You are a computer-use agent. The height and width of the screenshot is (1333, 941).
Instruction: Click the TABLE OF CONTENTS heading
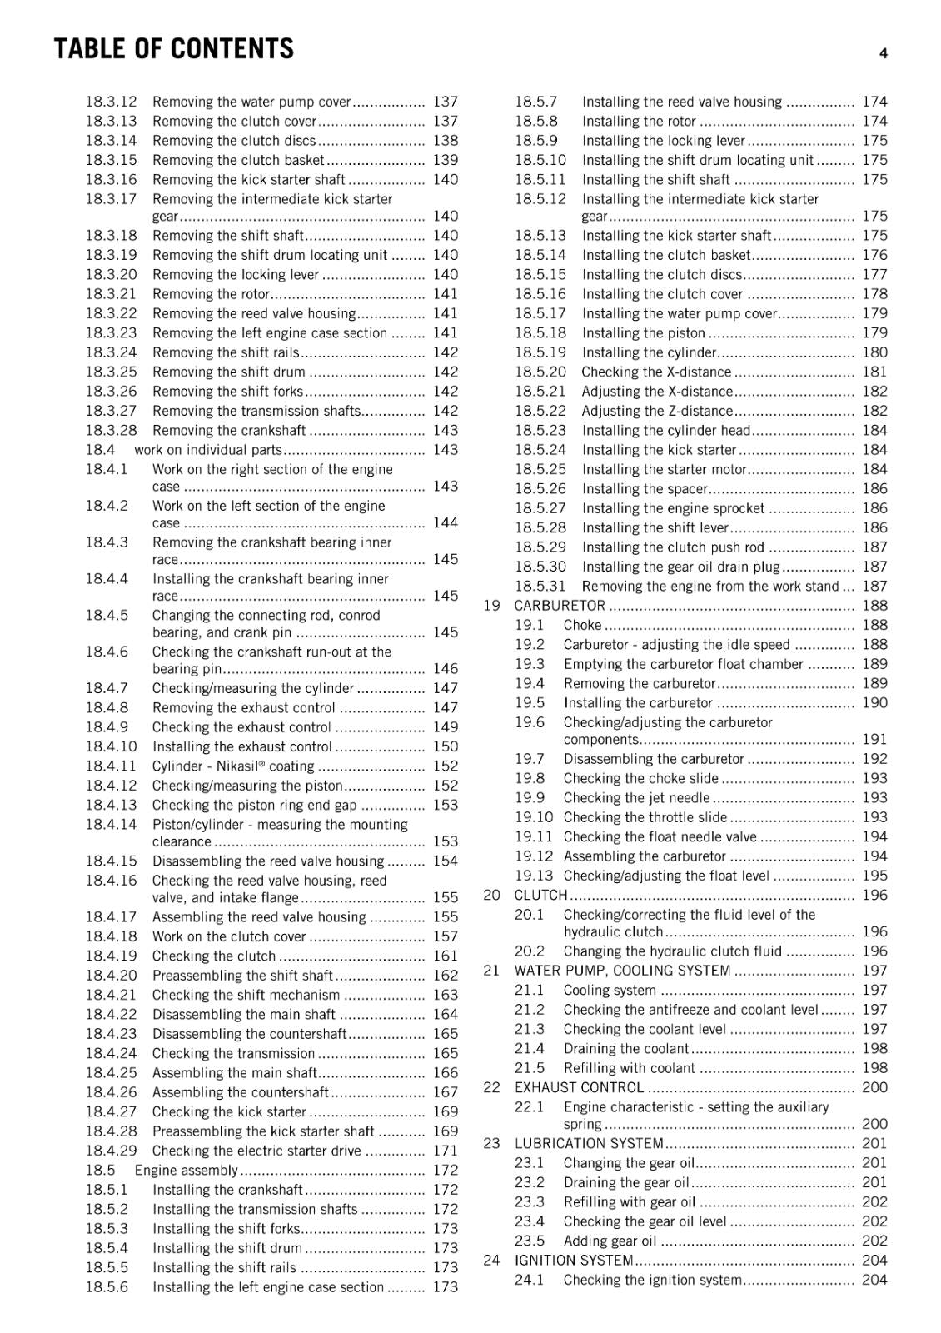(173, 49)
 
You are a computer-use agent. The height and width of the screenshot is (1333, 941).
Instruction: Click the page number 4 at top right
(883, 53)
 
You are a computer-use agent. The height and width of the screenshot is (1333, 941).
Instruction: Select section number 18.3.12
(111, 102)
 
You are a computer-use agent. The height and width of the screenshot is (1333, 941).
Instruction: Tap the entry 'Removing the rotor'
(212, 294)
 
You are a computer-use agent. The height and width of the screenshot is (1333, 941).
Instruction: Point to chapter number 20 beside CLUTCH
(491, 896)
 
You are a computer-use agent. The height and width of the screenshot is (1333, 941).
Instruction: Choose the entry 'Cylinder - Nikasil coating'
(233, 766)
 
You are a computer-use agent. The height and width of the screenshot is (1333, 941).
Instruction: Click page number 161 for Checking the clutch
(446, 956)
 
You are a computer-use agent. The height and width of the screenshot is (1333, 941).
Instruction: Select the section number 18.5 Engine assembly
(100, 1171)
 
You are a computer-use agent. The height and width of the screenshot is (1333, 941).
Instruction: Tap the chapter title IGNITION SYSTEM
(574, 1261)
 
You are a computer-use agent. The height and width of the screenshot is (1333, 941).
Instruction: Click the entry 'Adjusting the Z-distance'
(657, 411)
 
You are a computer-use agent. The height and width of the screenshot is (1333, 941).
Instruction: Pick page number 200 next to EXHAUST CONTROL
(874, 1088)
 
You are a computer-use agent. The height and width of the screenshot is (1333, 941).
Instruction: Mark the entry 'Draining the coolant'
(626, 1049)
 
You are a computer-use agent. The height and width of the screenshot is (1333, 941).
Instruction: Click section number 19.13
(533, 876)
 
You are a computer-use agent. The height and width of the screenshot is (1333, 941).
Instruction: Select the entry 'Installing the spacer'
(645, 489)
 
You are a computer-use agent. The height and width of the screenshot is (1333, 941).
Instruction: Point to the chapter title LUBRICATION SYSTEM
(589, 1144)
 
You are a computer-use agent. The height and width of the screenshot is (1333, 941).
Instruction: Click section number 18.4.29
(111, 1151)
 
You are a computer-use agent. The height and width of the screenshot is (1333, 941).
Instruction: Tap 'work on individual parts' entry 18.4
(208, 450)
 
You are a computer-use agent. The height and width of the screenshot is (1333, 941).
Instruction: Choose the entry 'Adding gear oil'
(610, 1241)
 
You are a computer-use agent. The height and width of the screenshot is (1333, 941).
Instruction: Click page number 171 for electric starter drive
(446, 1151)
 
